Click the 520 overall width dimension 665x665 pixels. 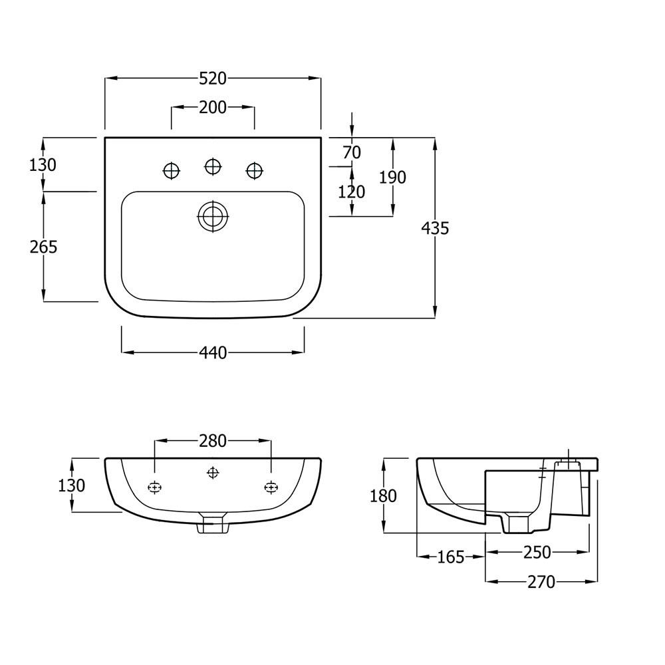pyautogui.click(x=213, y=78)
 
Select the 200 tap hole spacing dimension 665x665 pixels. pyautogui.click(x=213, y=107)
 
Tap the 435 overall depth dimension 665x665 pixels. pyautogui.click(x=436, y=228)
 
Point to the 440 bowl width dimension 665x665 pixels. pyautogui.click(x=213, y=352)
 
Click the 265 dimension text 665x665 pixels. pyautogui.click(x=43, y=247)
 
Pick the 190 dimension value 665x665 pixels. pyautogui.click(x=392, y=177)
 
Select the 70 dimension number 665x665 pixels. pyautogui.click(x=352, y=152)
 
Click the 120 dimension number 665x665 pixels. pyautogui.click(x=352, y=192)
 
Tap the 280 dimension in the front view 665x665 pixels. pyautogui.click(x=213, y=440)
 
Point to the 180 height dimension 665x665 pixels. pyautogui.click(x=383, y=495)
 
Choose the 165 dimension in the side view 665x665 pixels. pyautogui.click(x=451, y=557)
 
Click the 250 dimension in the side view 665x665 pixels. pyautogui.click(x=537, y=553)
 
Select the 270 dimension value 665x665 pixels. pyautogui.click(x=541, y=582)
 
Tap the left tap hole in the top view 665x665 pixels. pyautogui.click(x=172, y=171)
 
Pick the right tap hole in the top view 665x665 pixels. pyautogui.click(x=254, y=171)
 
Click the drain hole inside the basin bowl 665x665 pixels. pyautogui.click(x=213, y=215)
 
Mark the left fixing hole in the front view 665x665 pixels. pyautogui.click(x=154, y=487)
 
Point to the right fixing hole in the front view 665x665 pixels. pyautogui.click(x=271, y=487)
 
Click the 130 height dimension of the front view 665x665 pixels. pyautogui.click(x=72, y=485)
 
